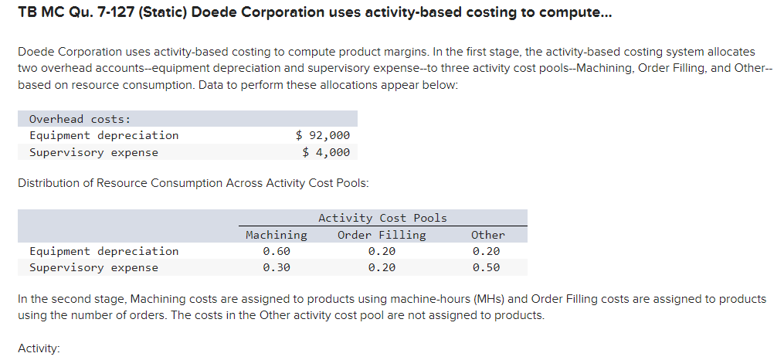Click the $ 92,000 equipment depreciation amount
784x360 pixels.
coord(323,135)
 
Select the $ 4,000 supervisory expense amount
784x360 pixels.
coord(326,152)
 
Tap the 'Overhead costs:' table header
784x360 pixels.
coord(80,119)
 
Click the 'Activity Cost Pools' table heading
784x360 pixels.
coord(382,218)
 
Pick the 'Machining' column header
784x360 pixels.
coord(276,235)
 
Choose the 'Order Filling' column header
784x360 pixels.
coord(382,235)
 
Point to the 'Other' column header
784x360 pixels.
coord(487,235)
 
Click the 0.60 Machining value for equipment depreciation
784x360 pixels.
coord(276,251)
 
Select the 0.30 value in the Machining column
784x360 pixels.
coord(276,268)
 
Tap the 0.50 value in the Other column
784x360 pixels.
coord(487,268)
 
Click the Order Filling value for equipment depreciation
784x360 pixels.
coord(382,251)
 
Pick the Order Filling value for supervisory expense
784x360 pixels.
coord(382,268)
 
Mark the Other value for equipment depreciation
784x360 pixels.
coord(487,251)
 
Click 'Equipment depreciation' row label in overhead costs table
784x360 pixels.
coord(104,135)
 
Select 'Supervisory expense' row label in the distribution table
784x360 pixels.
coord(93,268)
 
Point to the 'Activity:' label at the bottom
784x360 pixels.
coord(39,348)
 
